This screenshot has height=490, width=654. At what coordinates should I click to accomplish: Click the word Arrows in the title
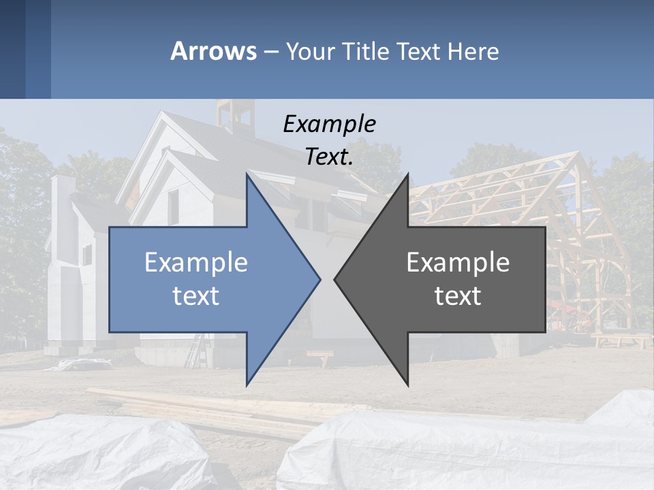(213, 51)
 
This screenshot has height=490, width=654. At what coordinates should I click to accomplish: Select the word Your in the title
(309, 51)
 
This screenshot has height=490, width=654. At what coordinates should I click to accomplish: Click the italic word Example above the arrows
(329, 124)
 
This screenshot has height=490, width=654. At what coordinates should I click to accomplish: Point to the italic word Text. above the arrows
(329, 157)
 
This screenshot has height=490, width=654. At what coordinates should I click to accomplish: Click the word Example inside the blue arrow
(196, 262)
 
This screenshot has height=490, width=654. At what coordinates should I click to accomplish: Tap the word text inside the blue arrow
(196, 295)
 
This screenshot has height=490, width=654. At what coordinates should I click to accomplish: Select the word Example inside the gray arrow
(458, 262)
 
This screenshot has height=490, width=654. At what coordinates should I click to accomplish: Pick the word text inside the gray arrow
(458, 295)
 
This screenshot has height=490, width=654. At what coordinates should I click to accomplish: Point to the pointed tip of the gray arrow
(337, 278)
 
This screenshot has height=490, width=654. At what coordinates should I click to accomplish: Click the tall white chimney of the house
(63, 204)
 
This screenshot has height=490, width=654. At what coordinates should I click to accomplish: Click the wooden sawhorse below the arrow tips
(320, 357)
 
